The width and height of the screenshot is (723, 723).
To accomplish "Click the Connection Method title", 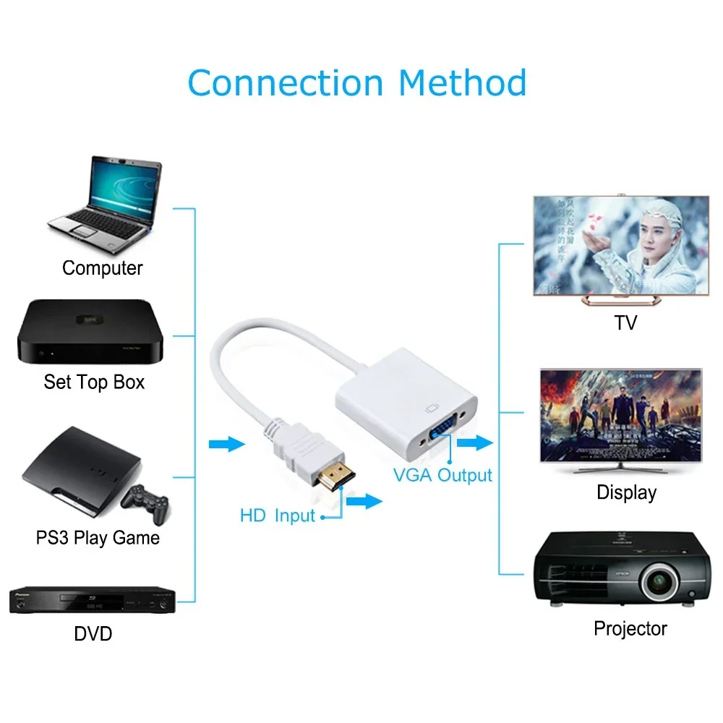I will [x=356, y=82].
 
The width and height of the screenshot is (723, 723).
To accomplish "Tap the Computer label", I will [x=102, y=268].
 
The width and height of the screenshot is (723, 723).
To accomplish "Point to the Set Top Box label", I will [x=94, y=382].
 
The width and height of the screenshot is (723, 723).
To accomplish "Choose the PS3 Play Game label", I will [x=98, y=538].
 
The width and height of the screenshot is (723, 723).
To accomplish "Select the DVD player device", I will [x=93, y=600].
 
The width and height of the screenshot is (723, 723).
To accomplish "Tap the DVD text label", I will [x=93, y=634].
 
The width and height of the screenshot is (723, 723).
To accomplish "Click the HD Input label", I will [x=278, y=516].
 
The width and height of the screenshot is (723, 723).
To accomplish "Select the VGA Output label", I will [x=442, y=475].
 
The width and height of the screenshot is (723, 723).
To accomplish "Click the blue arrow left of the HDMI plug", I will [x=227, y=443].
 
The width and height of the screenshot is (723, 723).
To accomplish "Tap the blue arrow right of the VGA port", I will [x=474, y=442].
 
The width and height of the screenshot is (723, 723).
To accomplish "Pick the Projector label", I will [x=630, y=628].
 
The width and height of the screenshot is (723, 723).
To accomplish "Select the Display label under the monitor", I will [x=626, y=493].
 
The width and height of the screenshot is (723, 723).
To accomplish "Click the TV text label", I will [x=625, y=322].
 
